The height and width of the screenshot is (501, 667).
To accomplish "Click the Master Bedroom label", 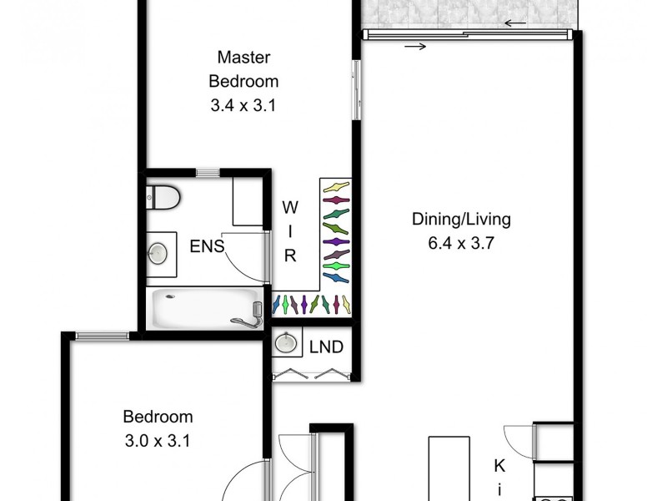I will click(243, 69).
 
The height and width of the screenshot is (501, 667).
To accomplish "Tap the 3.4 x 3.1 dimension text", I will click(243, 106).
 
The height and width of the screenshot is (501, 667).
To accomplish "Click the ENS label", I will click(206, 246).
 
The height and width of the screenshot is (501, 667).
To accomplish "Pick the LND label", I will click(326, 347).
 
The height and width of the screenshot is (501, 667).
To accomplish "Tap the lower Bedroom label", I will click(158, 417).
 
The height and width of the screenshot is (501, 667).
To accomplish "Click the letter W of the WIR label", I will click(288, 205).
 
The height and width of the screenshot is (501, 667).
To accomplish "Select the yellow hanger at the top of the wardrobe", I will click(336, 186).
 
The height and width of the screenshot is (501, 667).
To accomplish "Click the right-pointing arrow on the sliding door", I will click(415, 47).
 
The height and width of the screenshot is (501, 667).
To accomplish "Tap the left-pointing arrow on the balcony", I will click(514, 23).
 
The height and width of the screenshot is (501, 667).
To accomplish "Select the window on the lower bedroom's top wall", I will click(102, 336).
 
